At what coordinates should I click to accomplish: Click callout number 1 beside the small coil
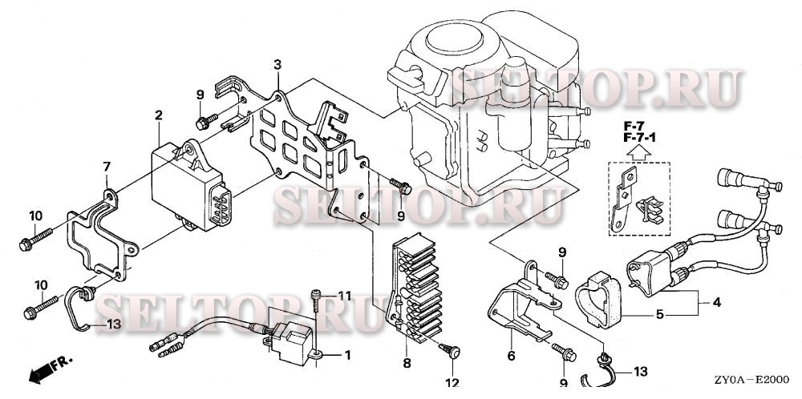(347, 353)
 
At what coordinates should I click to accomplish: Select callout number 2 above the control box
(159, 115)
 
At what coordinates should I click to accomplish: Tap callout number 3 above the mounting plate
(277, 64)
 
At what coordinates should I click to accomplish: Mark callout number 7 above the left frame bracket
(106, 166)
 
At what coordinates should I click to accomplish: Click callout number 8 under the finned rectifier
(407, 364)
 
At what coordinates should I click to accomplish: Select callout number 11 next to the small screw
(344, 296)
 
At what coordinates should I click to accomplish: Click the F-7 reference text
(634, 127)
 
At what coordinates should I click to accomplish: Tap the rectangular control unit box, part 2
(192, 188)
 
